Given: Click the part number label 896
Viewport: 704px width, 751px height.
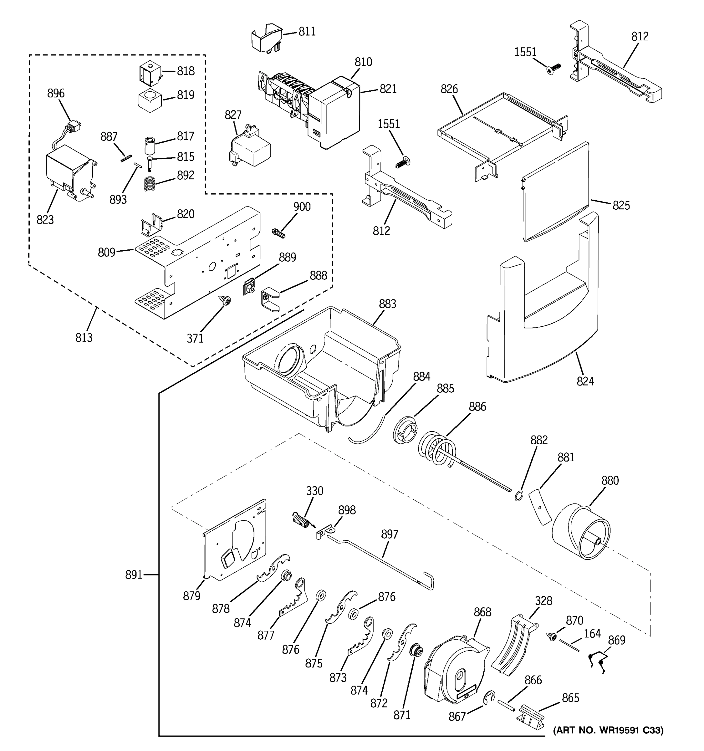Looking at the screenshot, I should tap(55, 93).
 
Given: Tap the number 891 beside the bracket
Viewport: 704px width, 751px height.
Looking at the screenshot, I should tap(134, 575).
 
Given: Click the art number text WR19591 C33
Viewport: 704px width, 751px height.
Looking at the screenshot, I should tap(608, 731).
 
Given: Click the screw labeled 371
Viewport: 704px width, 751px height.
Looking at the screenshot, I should tap(227, 301).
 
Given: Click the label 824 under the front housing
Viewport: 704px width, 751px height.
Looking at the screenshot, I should tap(585, 381).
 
